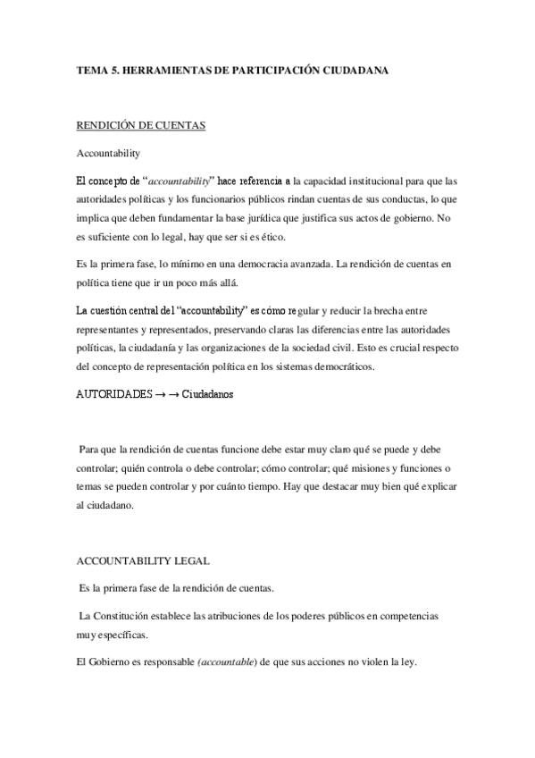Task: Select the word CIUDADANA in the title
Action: (x=355, y=69)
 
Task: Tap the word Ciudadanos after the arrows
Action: (x=207, y=394)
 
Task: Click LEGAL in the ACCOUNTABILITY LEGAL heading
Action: (x=188, y=561)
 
